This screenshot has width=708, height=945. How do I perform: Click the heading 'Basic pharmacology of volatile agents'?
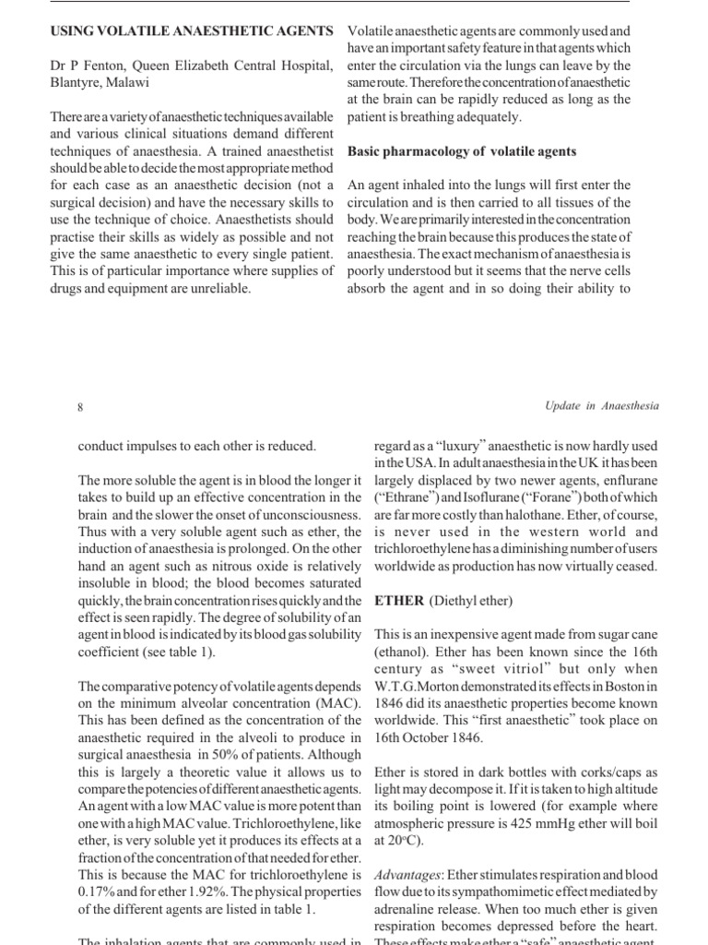click(462, 151)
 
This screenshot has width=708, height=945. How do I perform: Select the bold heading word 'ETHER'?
click(399, 601)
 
